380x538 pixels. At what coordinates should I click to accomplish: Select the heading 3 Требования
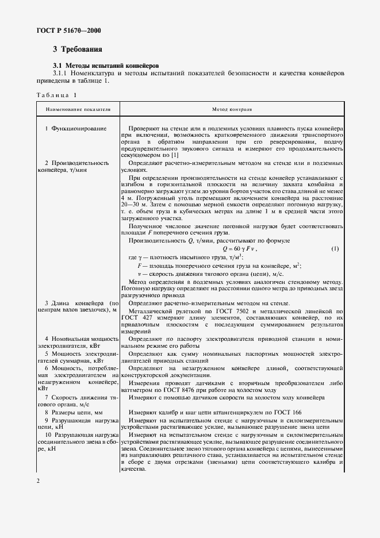(77, 50)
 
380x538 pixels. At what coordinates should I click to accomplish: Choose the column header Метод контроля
(232, 108)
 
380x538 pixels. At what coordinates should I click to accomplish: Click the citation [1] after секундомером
(175, 155)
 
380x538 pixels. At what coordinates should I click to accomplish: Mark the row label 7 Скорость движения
(78, 397)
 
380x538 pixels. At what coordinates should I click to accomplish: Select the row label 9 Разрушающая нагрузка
(78, 421)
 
